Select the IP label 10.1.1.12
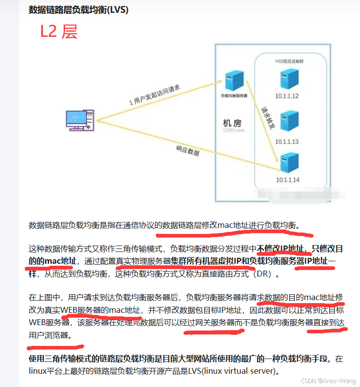coord(287,96)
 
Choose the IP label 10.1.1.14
coord(287,179)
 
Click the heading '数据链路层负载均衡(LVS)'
coord(79,10)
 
